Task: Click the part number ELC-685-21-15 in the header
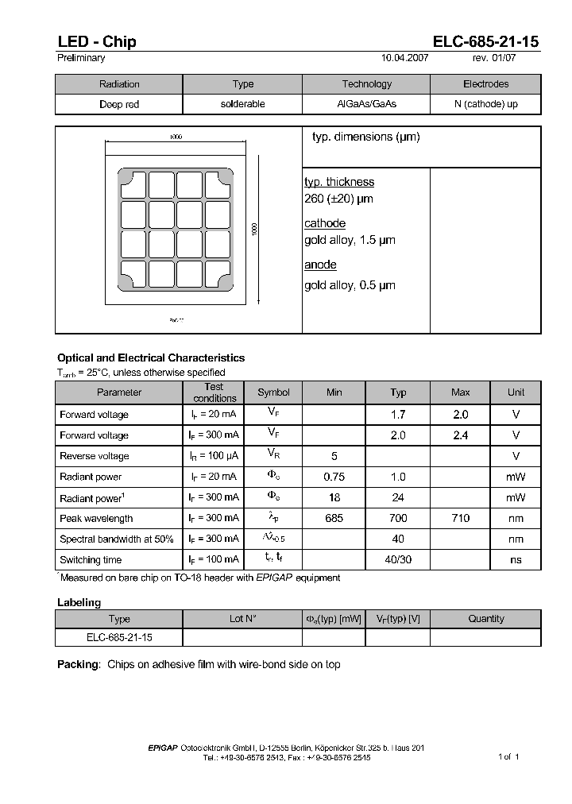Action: point(486,41)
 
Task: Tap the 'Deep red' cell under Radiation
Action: point(119,104)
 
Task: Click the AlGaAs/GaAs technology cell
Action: point(366,104)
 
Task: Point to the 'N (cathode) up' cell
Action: point(485,104)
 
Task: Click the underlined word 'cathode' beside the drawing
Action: point(325,223)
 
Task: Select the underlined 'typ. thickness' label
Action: point(339,182)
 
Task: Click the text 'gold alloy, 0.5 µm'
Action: point(350,285)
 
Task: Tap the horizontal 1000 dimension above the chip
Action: point(176,137)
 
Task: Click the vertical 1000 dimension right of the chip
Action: point(254,229)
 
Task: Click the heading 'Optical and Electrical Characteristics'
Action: point(151,358)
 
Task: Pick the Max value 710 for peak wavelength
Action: point(460,518)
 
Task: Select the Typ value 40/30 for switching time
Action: point(398,559)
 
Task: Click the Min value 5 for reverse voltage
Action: point(334,456)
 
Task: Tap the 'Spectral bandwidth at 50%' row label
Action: point(117,539)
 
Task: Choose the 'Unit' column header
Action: point(516,392)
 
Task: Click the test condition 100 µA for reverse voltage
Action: point(214,456)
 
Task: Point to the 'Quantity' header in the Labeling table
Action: point(485,619)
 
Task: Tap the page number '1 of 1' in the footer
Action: point(508,756)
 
